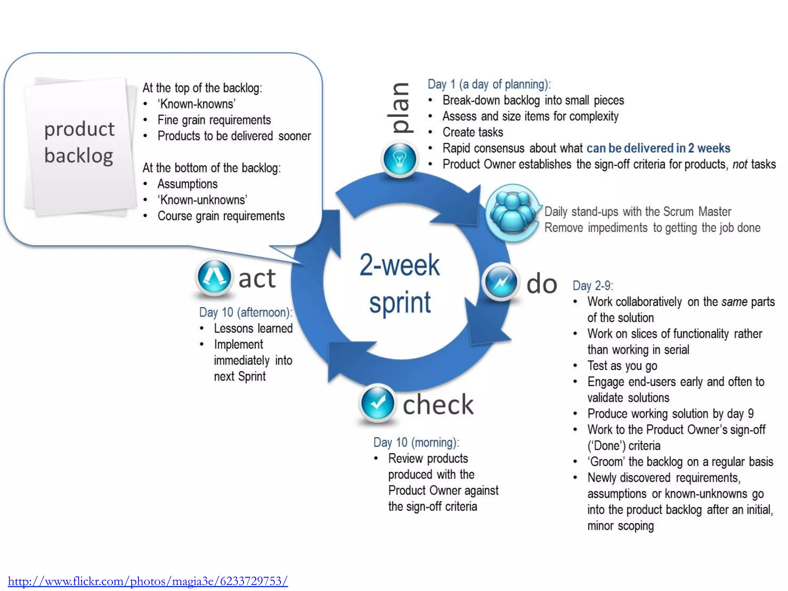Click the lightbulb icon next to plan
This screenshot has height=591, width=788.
click(399, 159)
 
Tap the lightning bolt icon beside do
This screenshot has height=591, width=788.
click(500, 282)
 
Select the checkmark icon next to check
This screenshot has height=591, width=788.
click(377, 403)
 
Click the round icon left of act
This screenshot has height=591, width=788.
click(214, 277)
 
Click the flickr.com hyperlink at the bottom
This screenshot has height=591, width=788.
click(148, 581)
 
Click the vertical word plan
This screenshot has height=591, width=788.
click(400, 108)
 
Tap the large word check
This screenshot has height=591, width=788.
click(438, 404)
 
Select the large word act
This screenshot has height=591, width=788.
click(257, 278)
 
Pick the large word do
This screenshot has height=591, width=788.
click(541, 284)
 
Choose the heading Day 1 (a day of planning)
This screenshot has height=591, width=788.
click(489, 84)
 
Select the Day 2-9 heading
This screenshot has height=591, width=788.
click(593, 285)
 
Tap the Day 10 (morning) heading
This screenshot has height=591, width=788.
click(416, 442)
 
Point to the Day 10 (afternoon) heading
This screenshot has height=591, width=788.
click(245, 312)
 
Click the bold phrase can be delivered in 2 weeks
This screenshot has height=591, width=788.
click(658, 148)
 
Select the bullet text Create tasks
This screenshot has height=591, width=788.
click(472, 132)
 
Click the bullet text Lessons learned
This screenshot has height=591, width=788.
click(253, 328)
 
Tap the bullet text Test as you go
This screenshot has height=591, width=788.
click(622, 366)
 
